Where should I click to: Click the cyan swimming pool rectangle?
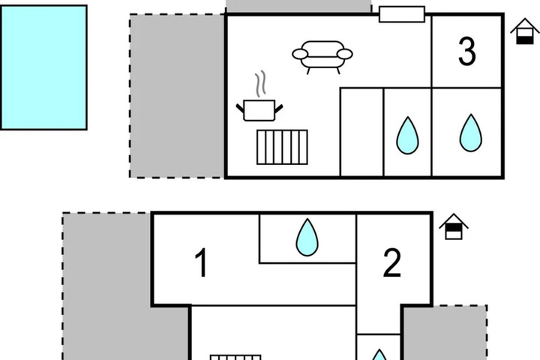[43, 67]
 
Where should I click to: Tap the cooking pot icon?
[259, 110]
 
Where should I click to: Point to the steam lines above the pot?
[261, 84]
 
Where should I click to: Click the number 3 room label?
[467, 51]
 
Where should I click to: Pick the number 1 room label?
[201, 262]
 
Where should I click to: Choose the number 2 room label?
[392, 262]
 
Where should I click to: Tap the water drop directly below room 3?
[471, 133]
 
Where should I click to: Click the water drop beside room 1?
[307, 237]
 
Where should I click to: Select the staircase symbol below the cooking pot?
[282, 147]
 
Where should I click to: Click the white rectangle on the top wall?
[402, 14]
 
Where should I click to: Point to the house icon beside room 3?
[524, 31]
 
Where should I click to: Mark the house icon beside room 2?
[454, 226]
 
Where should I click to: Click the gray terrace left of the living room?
[177, 96]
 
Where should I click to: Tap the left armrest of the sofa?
[300, 54]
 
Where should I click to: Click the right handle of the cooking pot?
[278, 109]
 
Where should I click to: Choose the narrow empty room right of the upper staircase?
[361, 132]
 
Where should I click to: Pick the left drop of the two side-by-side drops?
[407, 136]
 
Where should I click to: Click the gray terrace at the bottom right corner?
[444, 333]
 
